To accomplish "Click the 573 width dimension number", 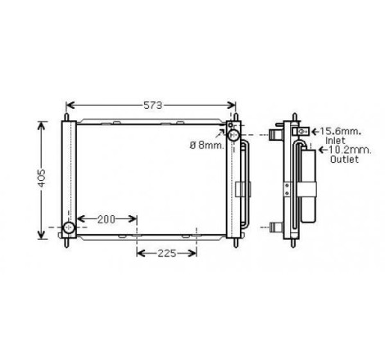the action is [153, 106].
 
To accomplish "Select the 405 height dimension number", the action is [42, 178].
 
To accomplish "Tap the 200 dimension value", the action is [106, 219].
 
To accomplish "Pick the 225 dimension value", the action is [166, 254].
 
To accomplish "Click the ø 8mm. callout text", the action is [206, 146].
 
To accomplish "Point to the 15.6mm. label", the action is [341, 132].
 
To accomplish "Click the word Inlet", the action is [335, 141].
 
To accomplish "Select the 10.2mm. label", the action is [350, 150].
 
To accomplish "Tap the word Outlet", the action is [344, 159].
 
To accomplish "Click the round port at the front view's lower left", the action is [69, 227].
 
